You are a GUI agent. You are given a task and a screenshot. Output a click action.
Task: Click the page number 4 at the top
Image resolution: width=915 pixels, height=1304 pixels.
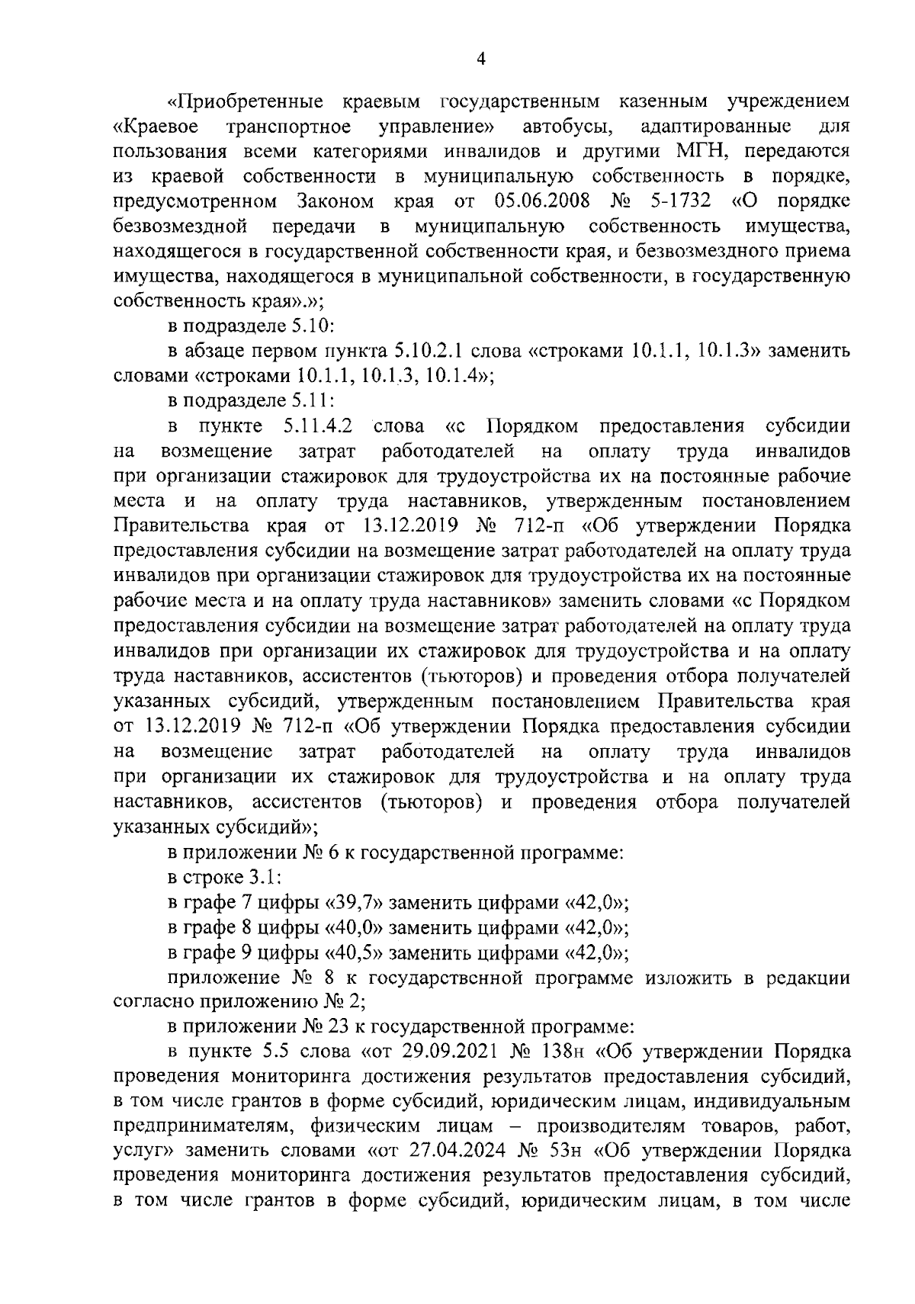point(480,58)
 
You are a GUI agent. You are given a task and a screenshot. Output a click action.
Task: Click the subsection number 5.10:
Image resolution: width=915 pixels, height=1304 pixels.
point(310,326)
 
